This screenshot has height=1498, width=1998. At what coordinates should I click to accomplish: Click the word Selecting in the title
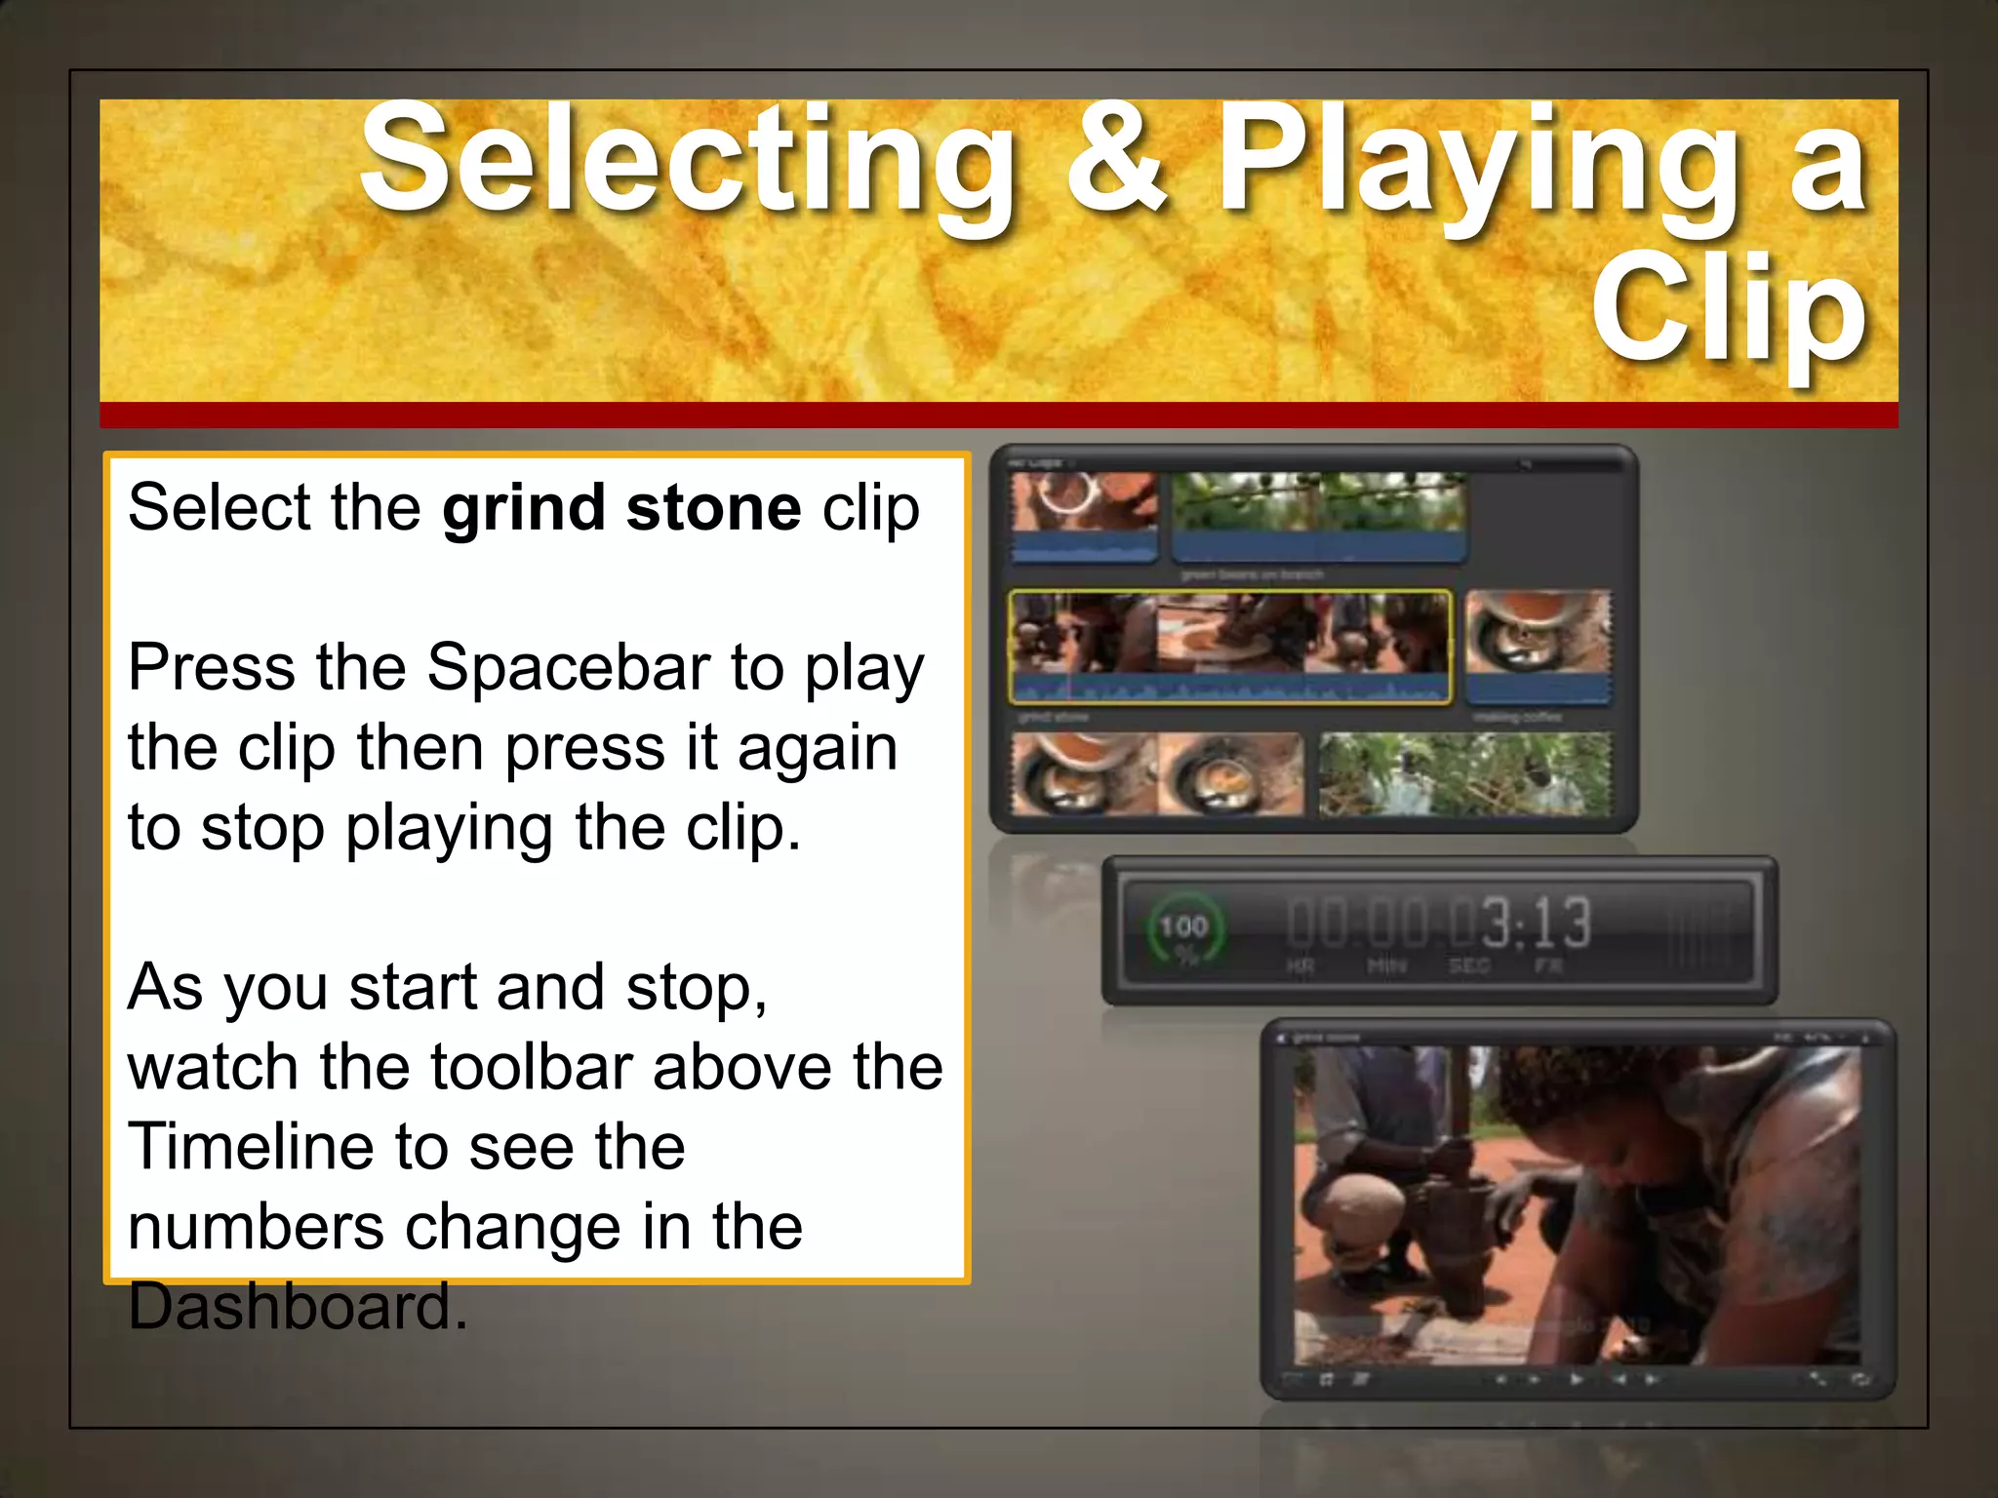point(688,161)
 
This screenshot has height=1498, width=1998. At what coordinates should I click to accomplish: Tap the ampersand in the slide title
point(1116,161)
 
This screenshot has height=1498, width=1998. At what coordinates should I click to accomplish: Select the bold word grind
point(524,508)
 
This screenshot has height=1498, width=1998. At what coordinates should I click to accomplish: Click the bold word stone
point(713,508)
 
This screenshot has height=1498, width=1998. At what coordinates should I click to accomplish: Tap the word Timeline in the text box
point(250,1147)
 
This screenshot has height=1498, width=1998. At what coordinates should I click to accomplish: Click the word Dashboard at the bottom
point(297,1307)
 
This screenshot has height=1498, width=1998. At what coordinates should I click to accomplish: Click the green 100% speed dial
point(1183,929)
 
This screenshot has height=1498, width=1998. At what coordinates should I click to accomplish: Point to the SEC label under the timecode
point(1468,966)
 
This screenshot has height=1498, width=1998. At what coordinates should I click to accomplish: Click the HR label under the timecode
point(1300,966)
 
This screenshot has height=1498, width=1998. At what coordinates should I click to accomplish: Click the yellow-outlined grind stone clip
point(1229,646)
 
